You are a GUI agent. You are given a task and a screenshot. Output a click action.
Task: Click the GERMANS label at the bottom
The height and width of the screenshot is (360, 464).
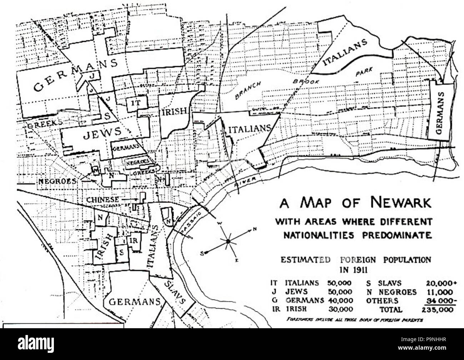point(134,302)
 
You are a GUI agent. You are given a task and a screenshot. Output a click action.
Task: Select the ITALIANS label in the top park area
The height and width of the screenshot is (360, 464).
point(345,52)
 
